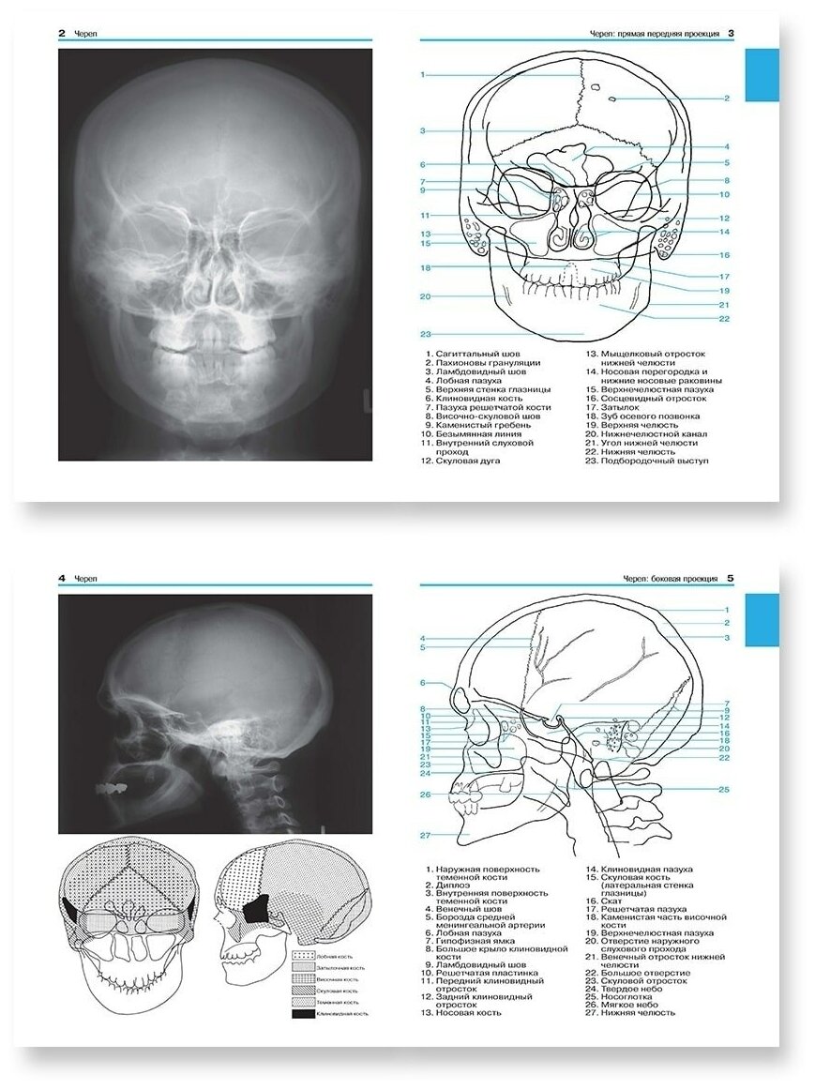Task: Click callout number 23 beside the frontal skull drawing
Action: pos(425,334)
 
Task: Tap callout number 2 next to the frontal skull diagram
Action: pos(726,98)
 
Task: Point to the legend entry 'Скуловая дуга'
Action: pos(467,462)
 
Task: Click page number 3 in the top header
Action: pos(731,34)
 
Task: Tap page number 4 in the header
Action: pos(62,579)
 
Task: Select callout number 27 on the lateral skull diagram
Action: pos(425,835)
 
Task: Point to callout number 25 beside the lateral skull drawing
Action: pos(724,790)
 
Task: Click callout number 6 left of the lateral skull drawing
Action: pos(423,683)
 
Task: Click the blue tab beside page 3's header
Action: pos(762,75)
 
